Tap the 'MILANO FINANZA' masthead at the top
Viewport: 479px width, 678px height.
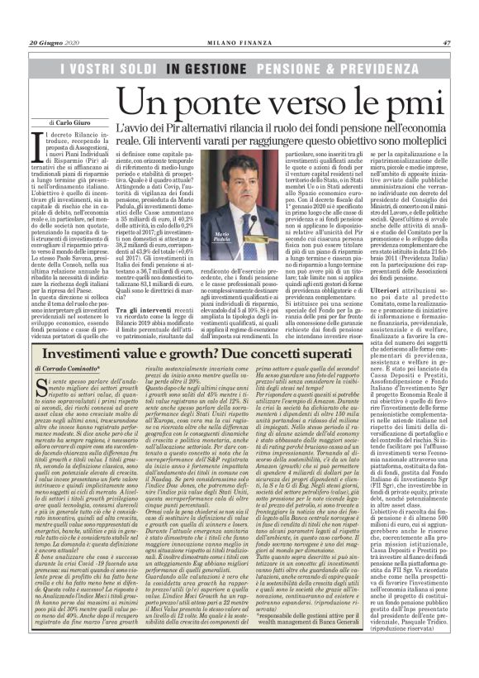pos(239,20)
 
